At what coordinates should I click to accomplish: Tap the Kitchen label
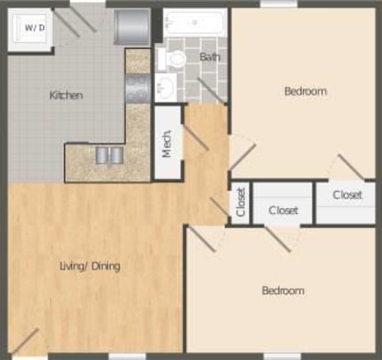[x=66, y=95]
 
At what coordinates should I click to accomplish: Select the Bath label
[x=210, y=57]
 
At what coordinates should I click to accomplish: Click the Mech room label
[x=167, y=143]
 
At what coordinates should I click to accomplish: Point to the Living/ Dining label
[x=90, y=267]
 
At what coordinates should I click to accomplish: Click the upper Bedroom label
[x=305, y=91]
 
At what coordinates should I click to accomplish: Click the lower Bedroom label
[x=283, y=290]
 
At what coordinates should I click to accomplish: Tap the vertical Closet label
[x=241, y=202]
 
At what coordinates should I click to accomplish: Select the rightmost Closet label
[x=348, y=195]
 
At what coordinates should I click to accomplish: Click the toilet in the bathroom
[x=176, y=60]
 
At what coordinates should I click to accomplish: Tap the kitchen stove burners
[x=137, y=88]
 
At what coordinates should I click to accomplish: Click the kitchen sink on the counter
[x=109, y=155]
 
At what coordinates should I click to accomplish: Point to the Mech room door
[x=196, y=136]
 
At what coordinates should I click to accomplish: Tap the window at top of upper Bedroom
[x=279, y=4]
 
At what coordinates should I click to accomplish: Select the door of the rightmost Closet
[x=350, y=166]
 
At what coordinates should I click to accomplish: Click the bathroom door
[x=210, y=90]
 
